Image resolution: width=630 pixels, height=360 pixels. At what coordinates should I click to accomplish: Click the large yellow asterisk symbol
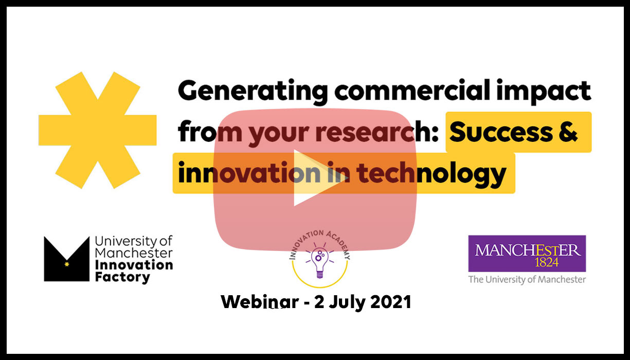coord(98,130)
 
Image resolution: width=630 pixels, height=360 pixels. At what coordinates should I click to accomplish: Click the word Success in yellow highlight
coord(501,132)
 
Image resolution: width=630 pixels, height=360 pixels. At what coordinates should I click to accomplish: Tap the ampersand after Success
coord(568,132)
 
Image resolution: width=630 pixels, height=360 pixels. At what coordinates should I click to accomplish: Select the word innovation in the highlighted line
coord(249,172)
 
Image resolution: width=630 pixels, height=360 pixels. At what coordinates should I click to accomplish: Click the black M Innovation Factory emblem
coord(67,259)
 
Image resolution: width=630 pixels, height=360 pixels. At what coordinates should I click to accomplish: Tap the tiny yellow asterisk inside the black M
coord(67,264)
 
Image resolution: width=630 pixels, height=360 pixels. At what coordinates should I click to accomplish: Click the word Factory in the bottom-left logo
coord(122,277)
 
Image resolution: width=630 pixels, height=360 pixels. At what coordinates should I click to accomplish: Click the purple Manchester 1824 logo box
coord(527,254)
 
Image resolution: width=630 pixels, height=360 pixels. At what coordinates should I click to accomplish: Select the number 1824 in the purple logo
coord(547,262)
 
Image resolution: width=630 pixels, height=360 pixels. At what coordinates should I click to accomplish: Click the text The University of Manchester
coord(527,280)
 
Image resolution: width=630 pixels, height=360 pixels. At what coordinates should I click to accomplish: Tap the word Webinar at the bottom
coord(260,302)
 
